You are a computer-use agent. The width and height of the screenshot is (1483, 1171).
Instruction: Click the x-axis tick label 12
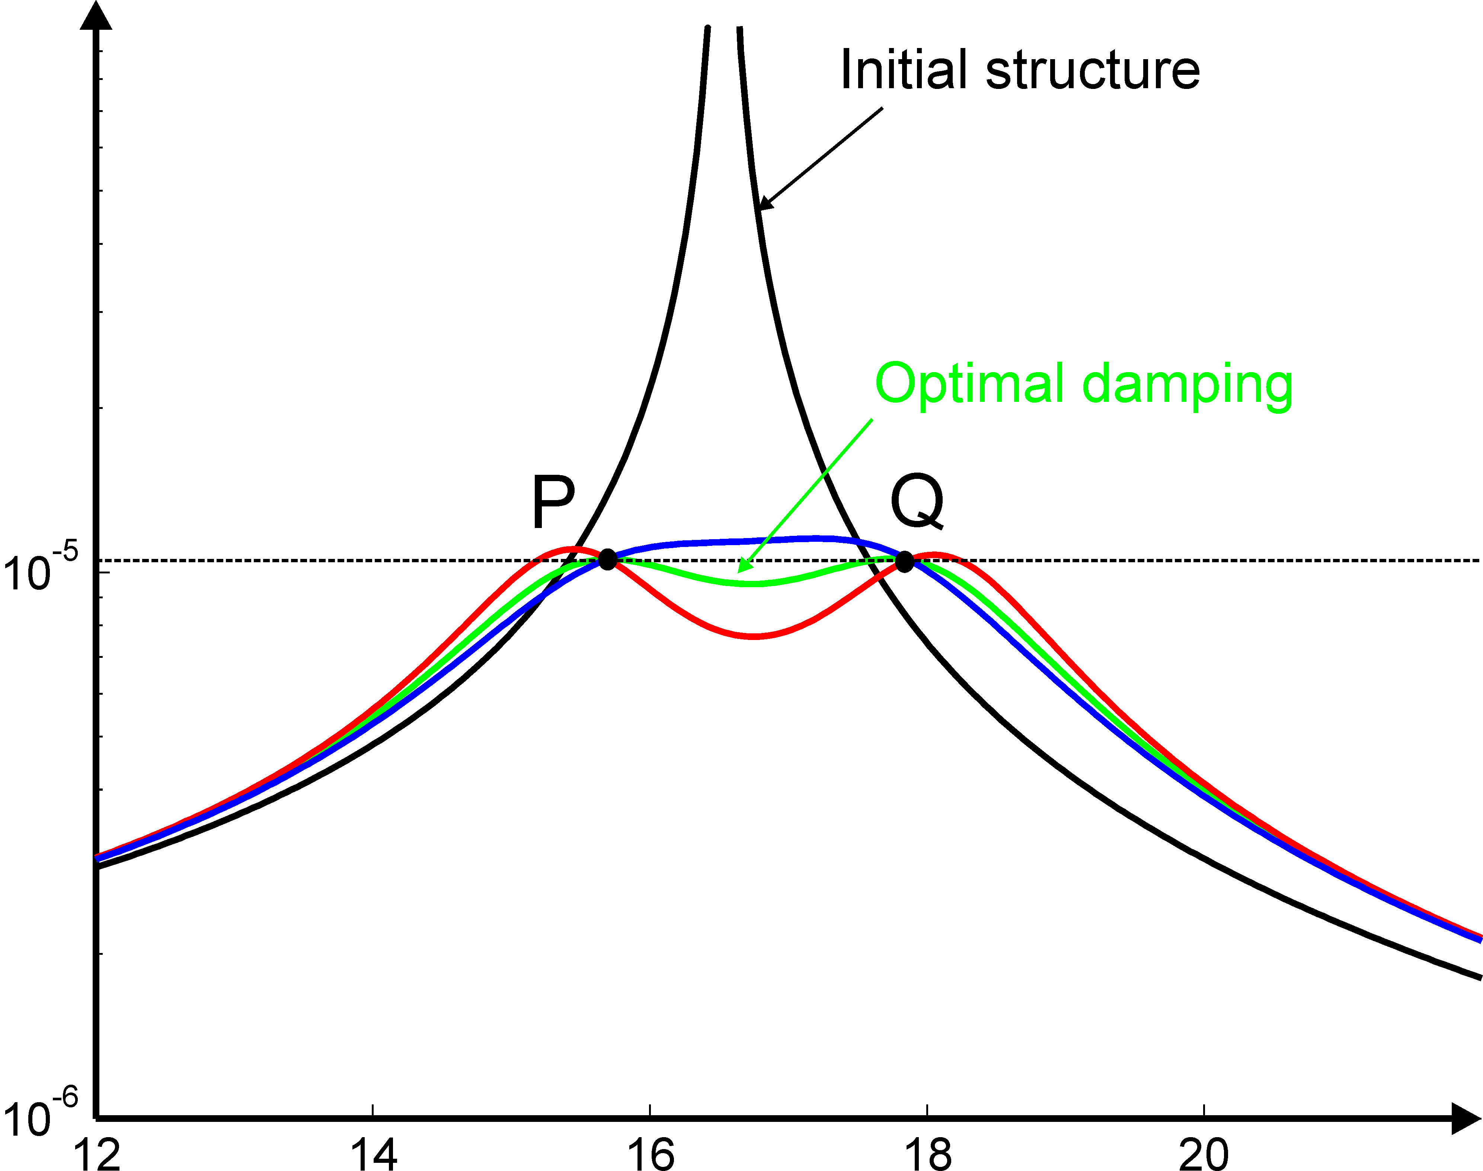[x=98, y=1152]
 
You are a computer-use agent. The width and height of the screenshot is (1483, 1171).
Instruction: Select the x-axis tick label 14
[x=374, y=1152]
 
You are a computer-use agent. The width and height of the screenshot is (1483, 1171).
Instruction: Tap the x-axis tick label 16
[x=651, y=1152]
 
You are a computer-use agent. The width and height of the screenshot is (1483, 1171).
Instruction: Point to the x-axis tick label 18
[x=928, y=1152]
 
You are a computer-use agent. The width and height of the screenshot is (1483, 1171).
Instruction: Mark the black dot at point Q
[x=904, y=561]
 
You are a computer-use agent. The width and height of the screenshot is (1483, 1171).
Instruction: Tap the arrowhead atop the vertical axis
[x=96, y=15]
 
